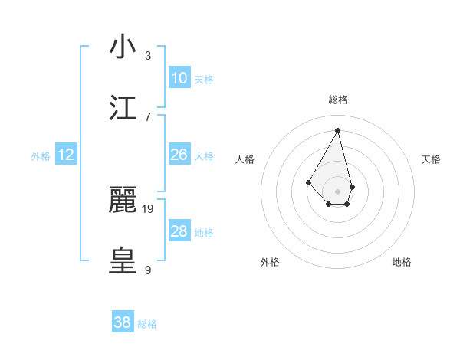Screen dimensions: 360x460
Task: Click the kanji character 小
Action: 123,47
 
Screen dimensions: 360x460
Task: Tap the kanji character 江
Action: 123,108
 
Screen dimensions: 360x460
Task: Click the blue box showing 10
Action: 179,78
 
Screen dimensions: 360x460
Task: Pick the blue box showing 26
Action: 179,155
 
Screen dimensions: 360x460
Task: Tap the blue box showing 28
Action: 179,231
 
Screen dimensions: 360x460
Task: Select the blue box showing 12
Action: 66,155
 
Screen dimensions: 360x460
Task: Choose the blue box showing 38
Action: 123,322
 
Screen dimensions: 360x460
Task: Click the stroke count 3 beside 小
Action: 148,56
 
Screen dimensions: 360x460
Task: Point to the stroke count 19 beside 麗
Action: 149,208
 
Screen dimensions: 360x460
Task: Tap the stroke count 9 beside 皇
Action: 148,270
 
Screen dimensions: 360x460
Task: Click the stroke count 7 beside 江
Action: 148,116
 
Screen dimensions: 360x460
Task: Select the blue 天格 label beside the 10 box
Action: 204,80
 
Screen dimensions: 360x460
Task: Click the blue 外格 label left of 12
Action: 41,156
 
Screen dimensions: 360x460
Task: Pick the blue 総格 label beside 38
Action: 147,324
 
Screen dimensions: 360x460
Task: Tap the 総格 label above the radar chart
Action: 337,100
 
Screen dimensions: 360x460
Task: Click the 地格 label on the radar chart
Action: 402,262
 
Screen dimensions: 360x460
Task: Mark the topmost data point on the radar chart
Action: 337,129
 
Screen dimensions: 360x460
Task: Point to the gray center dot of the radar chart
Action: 337,191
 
